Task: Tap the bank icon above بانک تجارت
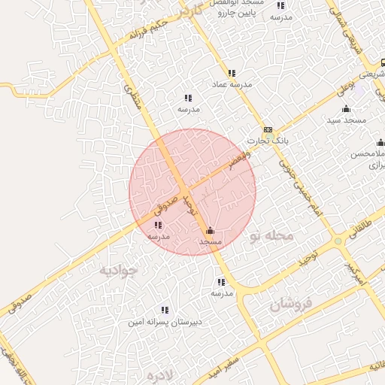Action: (268, 130)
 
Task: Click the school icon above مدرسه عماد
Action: (232, 74)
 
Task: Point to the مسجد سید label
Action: (346, 120)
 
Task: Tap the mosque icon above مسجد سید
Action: (346, 109)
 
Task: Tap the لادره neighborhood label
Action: (162, 374)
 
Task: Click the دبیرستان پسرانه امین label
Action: (164, 321)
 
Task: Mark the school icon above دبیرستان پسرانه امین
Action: (164, 310)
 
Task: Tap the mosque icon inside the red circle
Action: (209, 231)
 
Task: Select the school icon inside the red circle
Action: (158, 225)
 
